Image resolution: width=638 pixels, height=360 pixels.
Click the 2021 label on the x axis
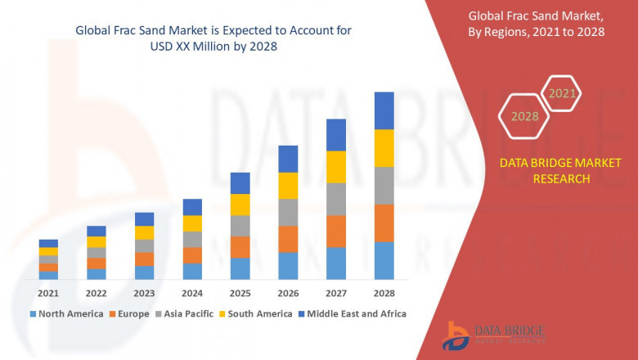(x=48, y=293)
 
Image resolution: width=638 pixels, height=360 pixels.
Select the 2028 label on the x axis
(x=384, y=293)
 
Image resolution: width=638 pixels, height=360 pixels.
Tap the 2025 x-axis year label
(x=240, y=293)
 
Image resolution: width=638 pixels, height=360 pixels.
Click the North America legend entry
(x=66, y=313)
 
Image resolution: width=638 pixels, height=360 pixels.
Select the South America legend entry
(x=257, y=313)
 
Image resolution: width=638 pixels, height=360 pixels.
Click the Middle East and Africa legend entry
(x=353, y=313)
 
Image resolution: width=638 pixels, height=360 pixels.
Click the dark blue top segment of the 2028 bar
(x=384, y=110)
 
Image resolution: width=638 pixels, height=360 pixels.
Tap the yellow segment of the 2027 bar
(x=336, y=167)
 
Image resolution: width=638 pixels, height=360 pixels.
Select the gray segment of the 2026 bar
(x=288, y=212)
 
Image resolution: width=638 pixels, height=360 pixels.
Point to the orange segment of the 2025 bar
(x=240, y=247)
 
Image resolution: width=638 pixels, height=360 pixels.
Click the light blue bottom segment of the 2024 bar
(x=192, y=272)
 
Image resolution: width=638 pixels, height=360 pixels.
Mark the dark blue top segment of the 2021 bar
(x=48, y=243)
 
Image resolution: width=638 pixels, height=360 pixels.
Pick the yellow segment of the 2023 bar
(x=144, y=232)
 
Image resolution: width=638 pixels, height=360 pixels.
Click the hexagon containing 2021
(x=562, y=94)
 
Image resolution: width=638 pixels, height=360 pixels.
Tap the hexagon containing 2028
(x=525, y=116)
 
